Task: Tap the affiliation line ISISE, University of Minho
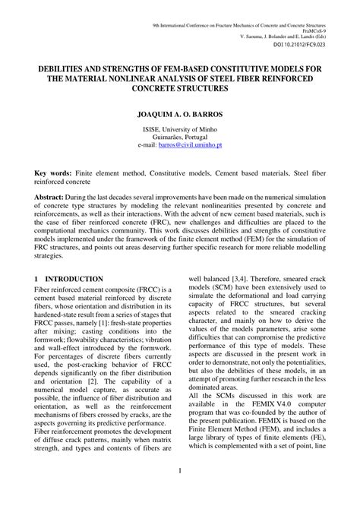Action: (x=180, y=130)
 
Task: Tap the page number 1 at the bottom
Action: (x=180, y=492)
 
